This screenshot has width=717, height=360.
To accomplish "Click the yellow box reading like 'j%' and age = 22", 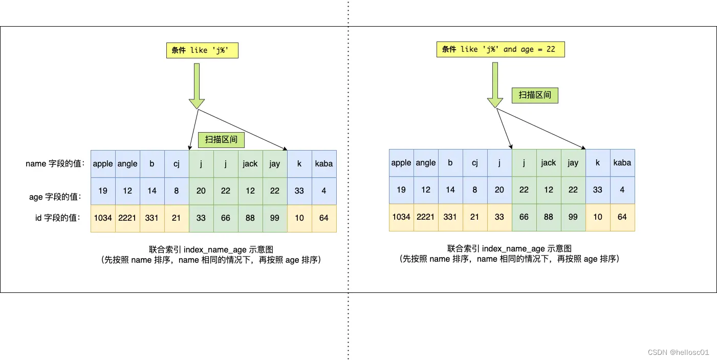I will point(501,49).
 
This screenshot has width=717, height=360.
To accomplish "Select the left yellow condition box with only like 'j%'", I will point(202,50).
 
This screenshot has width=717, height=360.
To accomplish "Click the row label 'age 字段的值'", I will point(55,197).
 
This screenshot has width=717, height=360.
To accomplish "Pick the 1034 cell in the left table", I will point(103,218).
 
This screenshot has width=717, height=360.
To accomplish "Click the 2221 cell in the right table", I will point(426,217).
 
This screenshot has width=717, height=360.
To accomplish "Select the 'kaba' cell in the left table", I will point(324,164).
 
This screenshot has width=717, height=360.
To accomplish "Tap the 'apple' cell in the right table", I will point(401,163).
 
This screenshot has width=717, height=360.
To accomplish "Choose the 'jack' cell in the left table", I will point(250,164).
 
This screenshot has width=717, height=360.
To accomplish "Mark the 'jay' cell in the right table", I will point(573,163).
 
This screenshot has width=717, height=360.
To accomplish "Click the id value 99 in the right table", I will point(573,217).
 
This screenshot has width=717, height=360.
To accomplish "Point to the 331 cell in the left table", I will point(152,218).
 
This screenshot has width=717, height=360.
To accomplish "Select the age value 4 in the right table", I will point(622,189).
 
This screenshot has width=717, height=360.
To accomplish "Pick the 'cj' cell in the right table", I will point(475,163).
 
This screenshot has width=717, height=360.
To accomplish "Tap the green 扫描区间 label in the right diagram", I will point(535,95).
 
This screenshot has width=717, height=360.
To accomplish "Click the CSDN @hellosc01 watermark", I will point(678,352).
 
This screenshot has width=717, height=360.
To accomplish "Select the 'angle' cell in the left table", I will point(127,164).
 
